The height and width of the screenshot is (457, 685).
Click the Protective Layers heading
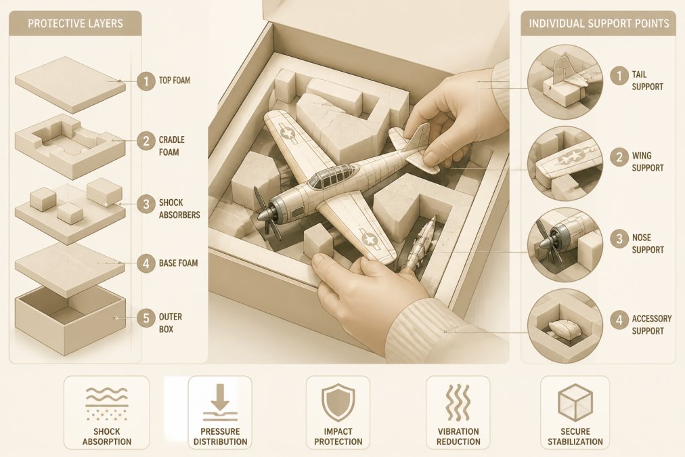click(75, 23)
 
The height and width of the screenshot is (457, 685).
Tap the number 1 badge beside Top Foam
click(146, 81)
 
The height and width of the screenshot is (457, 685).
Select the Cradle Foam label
click(172, 146)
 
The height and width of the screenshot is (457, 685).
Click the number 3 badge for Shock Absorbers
click(146, 204)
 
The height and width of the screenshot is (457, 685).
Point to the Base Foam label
click(178, 263)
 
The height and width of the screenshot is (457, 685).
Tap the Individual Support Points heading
click(598, 23)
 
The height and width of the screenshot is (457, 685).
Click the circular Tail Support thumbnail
click(565, 81)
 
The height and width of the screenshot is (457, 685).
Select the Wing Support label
click(647, 162)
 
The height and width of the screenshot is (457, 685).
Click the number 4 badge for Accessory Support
click(619, 320)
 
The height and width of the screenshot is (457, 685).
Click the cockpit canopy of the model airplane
click(331, 175)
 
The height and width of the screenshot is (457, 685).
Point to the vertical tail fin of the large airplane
click(418, 137)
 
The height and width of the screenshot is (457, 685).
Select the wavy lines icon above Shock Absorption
click(106, 402)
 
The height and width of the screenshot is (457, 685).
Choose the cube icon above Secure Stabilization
click(575, 402)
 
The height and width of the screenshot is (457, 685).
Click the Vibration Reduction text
click(458, 437)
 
